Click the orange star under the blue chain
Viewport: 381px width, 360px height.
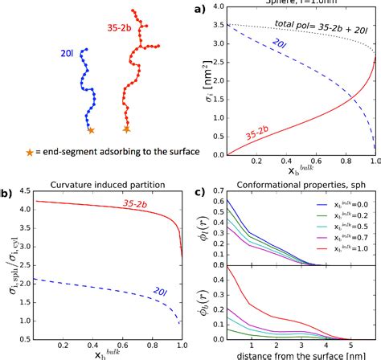(91, 129)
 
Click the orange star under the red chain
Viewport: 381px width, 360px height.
(126, 129)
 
